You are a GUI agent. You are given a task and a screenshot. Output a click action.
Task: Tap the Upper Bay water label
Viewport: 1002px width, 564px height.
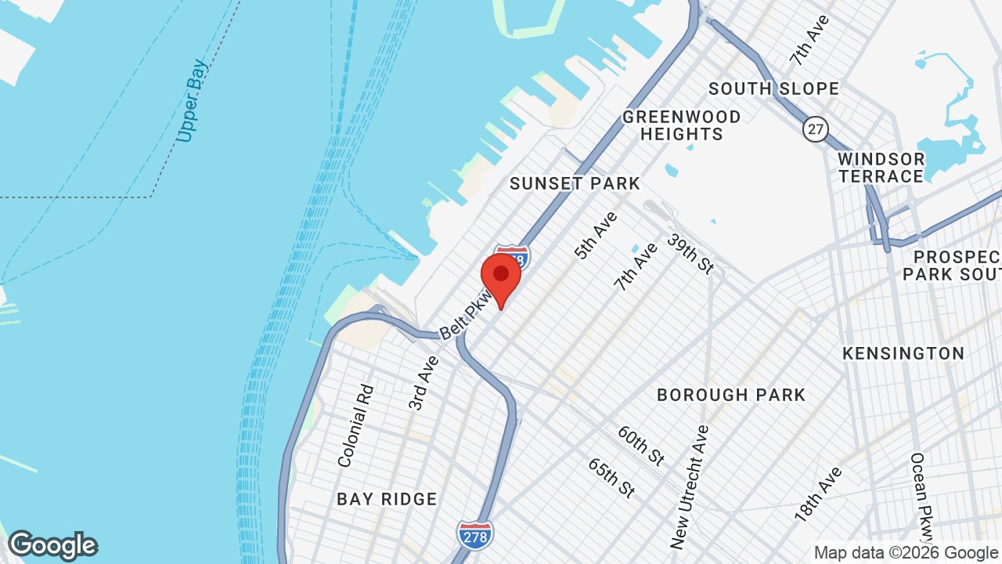pos(191,100)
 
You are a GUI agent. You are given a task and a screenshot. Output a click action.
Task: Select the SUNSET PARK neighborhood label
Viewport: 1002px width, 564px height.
pos(575,183)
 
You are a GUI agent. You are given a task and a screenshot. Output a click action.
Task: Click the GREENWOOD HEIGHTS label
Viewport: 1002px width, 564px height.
pos(682,125)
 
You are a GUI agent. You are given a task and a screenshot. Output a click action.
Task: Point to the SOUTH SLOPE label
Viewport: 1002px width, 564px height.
pos(773,89)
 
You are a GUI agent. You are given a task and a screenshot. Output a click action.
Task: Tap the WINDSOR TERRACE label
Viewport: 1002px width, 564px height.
pos(881,168)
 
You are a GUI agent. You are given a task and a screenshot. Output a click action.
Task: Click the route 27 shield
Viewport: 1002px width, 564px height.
pos(816,129)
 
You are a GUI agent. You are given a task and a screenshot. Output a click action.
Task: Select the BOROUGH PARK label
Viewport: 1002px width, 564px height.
pos(731,395)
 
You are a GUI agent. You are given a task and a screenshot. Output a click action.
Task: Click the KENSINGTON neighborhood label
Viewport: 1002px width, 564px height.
pos(903,353)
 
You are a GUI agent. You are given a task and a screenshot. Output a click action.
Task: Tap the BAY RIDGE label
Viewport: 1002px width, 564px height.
pos(387,499)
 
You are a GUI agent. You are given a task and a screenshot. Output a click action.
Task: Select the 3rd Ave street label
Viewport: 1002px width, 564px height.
pos(424,382)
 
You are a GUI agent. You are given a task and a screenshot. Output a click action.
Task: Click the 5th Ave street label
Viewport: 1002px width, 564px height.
pos(596,235)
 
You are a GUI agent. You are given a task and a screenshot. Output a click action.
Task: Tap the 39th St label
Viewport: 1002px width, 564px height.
pos(691,253)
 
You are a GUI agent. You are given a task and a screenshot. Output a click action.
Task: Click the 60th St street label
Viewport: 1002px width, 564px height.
pos(640,445)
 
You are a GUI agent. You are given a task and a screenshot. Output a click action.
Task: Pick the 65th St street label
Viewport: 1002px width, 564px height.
pos(611,478)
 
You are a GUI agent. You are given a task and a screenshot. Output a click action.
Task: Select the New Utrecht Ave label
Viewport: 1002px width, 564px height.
pos(690,486)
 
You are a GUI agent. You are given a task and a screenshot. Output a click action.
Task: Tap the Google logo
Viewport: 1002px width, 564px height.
pos(53,545)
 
